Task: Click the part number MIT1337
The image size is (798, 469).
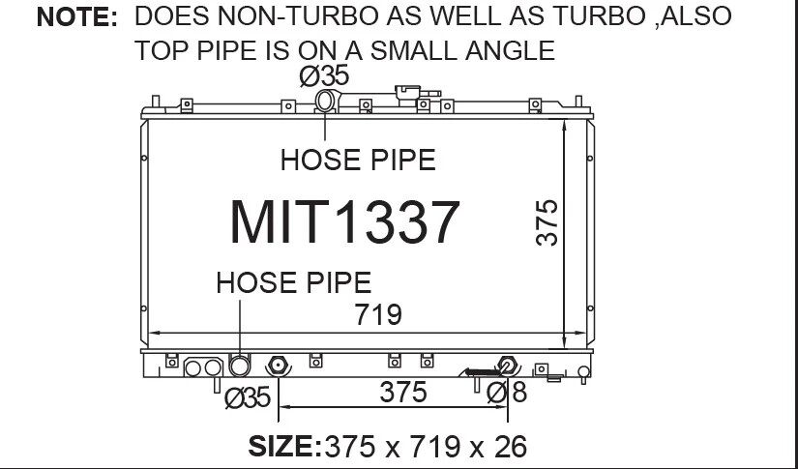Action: click(x=344, y=222)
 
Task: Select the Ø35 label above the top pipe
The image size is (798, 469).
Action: click(x=324, y=76)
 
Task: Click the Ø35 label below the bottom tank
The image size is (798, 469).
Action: click(x=248, y=397)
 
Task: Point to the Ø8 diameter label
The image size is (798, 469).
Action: click(x=507, y=393)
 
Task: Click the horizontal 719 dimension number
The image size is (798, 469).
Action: click(x=378, y=314)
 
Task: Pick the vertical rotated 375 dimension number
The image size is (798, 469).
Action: click(x=547, y=222)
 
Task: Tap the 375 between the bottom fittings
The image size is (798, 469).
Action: click(x=403, y=393)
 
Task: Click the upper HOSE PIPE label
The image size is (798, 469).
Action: click(x=358, y=160)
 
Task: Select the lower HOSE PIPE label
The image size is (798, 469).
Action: click(x=294, y=282)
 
